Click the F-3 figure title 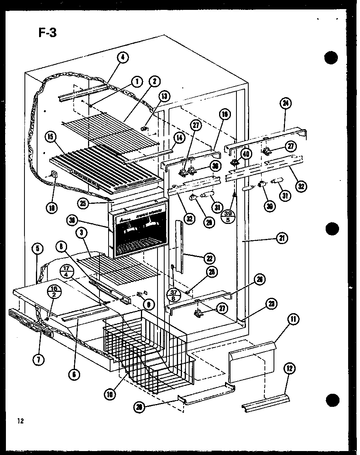(48, 32)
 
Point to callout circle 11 (293, 320)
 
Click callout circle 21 (283, 238)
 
